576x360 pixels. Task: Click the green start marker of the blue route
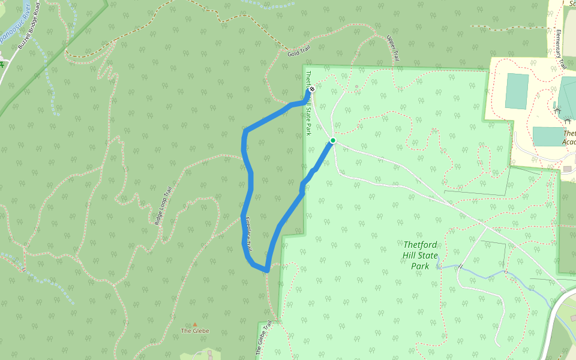point(332,141)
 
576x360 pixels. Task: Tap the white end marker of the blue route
point(312,90)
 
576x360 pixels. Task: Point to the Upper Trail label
point(393,48)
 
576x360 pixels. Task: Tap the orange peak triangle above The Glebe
point(194,325)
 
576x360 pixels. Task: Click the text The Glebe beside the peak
point(195,331)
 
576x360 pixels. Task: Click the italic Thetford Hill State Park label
point(424,254)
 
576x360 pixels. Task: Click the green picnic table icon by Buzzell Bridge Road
point(2,64)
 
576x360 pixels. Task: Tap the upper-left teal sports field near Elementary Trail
point(517,91)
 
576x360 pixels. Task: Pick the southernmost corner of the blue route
point(266,271)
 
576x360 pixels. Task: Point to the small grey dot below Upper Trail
point(356,86)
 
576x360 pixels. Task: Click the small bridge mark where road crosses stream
point(460,266)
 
